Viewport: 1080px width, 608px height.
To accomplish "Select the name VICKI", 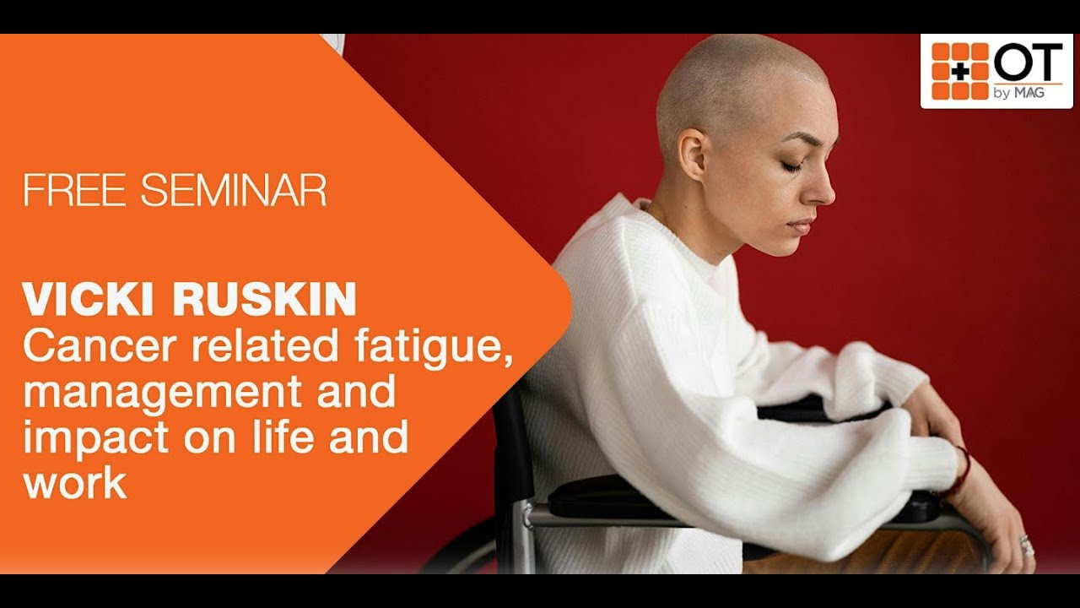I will (x=87, y=300).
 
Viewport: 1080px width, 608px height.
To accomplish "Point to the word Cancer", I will (x=89, y=347).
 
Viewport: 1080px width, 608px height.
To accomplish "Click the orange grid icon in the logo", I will (x=959, y=71).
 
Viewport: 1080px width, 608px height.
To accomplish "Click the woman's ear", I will (x=694, y=154).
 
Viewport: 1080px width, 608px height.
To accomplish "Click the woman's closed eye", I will (x=791, y=166).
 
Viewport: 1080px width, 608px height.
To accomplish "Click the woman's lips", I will (x=801, y=226).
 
